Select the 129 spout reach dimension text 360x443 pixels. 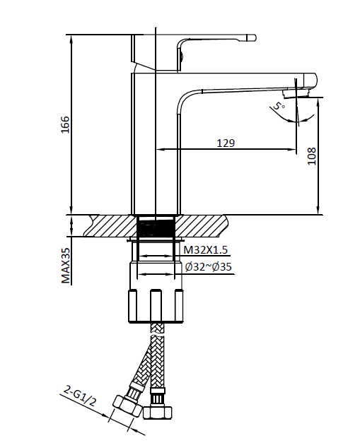225,142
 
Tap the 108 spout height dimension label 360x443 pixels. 311,156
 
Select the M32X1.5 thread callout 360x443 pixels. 206,250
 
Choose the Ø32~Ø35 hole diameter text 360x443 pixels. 208,266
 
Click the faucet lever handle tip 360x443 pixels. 250,37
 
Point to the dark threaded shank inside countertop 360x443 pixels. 156,228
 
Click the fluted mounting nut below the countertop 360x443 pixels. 155,304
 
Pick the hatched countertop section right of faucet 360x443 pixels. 204,226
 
